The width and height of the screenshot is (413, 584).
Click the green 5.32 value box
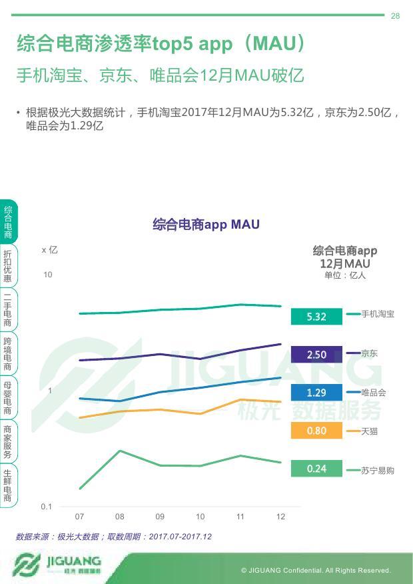[316, 317]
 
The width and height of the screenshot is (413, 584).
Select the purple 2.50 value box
[316, 355]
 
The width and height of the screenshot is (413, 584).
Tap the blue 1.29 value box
[316, 393]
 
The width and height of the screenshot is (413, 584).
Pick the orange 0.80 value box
[316, 431]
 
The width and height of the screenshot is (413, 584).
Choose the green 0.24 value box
[316, 469]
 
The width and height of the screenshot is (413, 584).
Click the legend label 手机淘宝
[378, 313]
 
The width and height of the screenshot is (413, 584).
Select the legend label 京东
[369, 353]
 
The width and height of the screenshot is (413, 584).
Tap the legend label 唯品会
[373, 393]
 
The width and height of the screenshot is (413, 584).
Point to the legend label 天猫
[369, 431]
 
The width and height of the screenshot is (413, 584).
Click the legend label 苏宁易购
[378, 470]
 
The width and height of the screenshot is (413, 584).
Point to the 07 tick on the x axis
[79, 517]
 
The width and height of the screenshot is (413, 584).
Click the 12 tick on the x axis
[280, 517]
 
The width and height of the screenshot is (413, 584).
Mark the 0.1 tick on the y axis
[46, 507]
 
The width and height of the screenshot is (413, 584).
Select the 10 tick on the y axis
[48, 275]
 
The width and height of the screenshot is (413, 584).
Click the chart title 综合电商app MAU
[206, 225]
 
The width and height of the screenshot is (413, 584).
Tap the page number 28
[396, 16]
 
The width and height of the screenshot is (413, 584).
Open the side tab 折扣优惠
[7, 266]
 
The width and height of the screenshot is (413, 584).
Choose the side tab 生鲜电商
[7, 485]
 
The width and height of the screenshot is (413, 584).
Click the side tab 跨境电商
[7, 354]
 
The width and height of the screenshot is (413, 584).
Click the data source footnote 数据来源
[114, 536]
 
